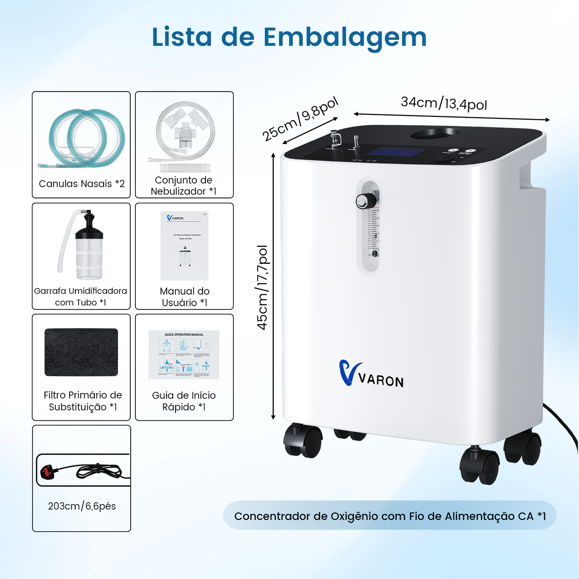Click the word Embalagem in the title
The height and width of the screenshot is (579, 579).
[345, 37]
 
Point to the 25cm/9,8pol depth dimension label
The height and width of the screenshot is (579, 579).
[300, 118]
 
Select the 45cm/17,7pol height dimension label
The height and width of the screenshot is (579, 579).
[262, 287]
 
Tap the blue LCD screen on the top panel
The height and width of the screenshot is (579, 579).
[397, 152]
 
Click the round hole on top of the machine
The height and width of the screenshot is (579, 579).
[435, 134]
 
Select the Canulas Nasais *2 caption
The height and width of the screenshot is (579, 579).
[82, 184]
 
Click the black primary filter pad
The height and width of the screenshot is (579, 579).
[81, 352]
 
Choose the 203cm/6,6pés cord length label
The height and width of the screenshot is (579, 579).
[82, 506]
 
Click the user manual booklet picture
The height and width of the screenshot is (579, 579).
[185, 246]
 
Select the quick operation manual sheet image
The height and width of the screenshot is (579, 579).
[184, 355]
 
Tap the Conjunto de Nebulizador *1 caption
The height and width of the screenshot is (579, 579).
[184, 186]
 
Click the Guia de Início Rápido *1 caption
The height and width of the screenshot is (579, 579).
[184, 401]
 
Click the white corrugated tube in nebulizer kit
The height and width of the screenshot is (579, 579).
[185, 168]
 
